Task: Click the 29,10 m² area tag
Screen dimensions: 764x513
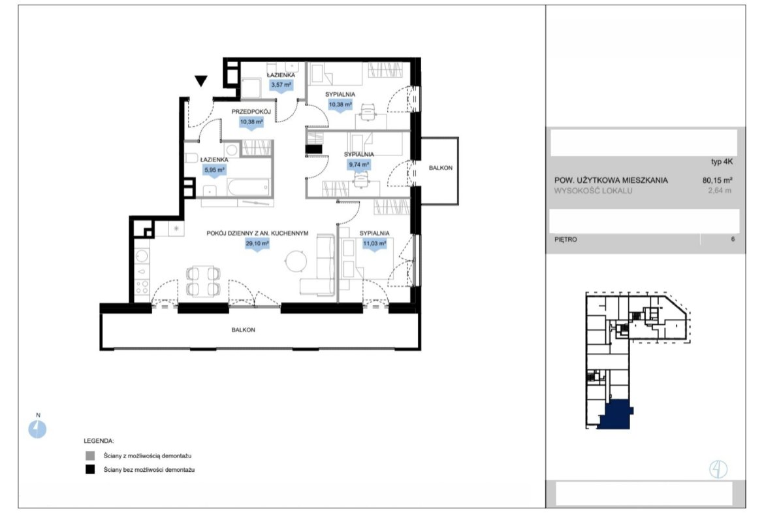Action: click(257, 244)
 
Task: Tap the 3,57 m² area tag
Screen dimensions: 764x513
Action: click(281, 85)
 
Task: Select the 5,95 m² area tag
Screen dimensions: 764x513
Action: click(214, 170)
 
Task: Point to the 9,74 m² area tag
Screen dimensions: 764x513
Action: click(359, 165)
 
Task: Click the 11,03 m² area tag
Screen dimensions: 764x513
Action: click(374, 244)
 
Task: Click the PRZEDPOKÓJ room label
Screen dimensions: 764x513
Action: click(251, 112)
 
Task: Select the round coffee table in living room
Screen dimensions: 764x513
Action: click(296, 261)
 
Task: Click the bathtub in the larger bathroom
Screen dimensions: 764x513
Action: click(249, 188)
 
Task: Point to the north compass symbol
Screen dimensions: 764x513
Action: click(37, 429)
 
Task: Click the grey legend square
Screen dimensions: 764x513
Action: click(90, 456)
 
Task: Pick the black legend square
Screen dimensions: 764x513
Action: click(90, 470)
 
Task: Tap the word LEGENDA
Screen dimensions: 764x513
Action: click(99, 441)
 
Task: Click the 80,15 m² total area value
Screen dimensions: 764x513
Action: click(717, 180)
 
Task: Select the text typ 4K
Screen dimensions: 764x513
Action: click(722, 162)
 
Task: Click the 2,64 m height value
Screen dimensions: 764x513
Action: click(720, 191)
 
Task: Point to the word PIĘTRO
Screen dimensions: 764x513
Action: click(565, 239)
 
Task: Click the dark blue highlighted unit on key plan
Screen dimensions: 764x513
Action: click(616, 415)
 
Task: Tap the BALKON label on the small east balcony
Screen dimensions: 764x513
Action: click(441, 168)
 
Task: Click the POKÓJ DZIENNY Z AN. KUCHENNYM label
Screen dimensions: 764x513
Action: click(257, 233)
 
